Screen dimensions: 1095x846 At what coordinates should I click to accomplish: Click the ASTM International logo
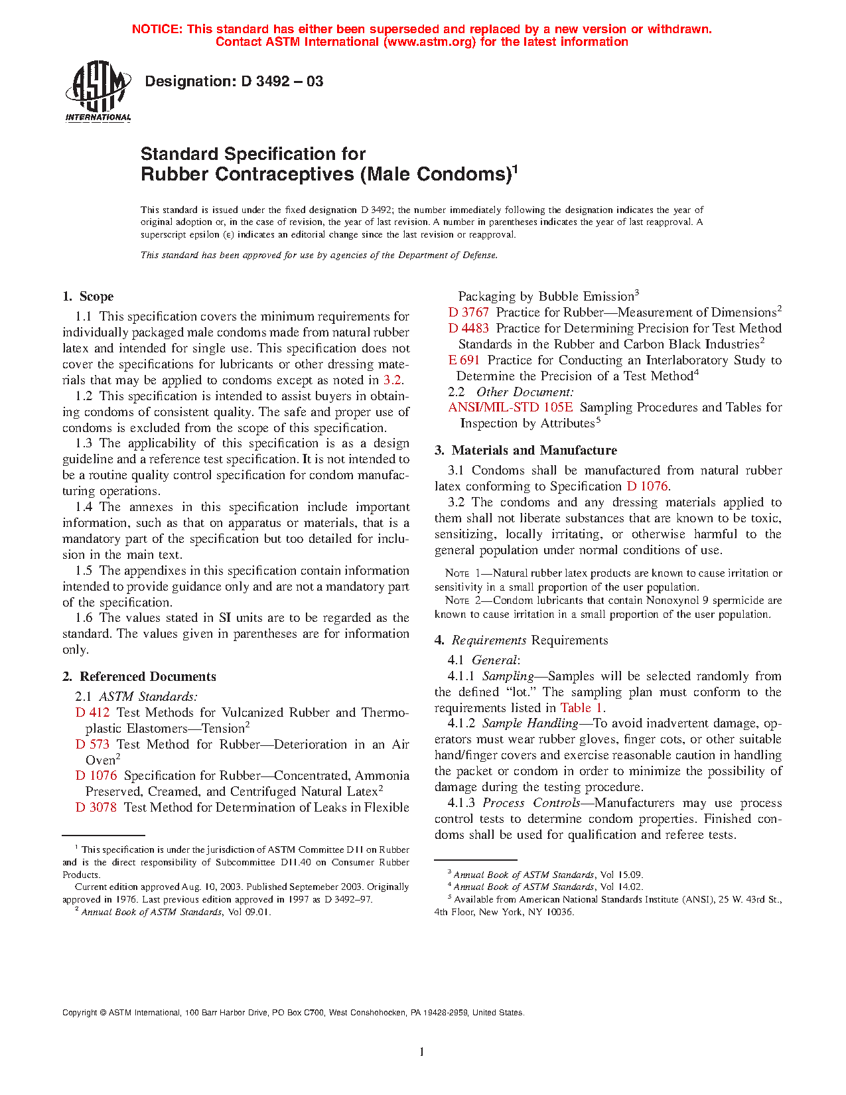pyautogui.click(x=98, y=92)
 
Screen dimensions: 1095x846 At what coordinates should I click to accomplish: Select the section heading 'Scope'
pyautogui.click(x=96, y=297)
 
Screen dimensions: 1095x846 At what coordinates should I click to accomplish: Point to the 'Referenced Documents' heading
pyautogui.click(x=147, y=677)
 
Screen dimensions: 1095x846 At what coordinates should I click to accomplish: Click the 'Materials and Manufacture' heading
pyautogui.click(x=534, y=451)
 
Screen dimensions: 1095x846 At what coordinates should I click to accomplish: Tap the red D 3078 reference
pyautogui.click(x=96, y=808)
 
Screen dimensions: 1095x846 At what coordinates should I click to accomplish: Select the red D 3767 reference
pyautogui.click(x=468, y=313)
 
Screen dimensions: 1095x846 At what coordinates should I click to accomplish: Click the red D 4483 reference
pyautogui.click(x=468, y=328)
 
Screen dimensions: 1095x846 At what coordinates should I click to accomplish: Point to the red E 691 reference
pyautogui.click(x=464, y=360)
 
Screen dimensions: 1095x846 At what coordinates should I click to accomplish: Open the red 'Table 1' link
pyautogui.click(x=581, y=708)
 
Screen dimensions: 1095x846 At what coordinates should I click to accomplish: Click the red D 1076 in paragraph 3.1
pyautogui.click(x=647, y=486)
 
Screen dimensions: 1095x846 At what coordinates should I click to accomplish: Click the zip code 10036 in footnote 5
pyautogui.click(x=561, y=913)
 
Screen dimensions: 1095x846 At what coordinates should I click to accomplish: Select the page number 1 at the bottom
pyautogui.click(x=422, y=1052)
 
